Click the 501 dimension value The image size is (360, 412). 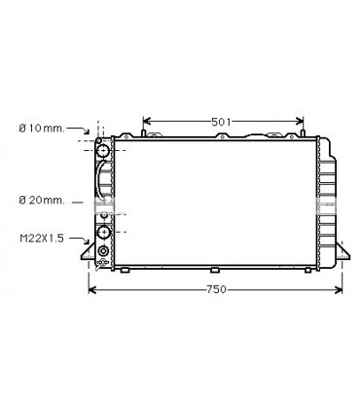click(x=222, y=121)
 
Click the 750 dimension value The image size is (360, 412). click(x=215, y=289)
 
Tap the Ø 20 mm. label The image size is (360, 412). click(x=41, y=201)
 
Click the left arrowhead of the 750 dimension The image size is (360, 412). click(x=91, y=289)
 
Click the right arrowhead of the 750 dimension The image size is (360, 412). click(x=342, y=289)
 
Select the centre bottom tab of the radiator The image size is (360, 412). click(x=213, y=269)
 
